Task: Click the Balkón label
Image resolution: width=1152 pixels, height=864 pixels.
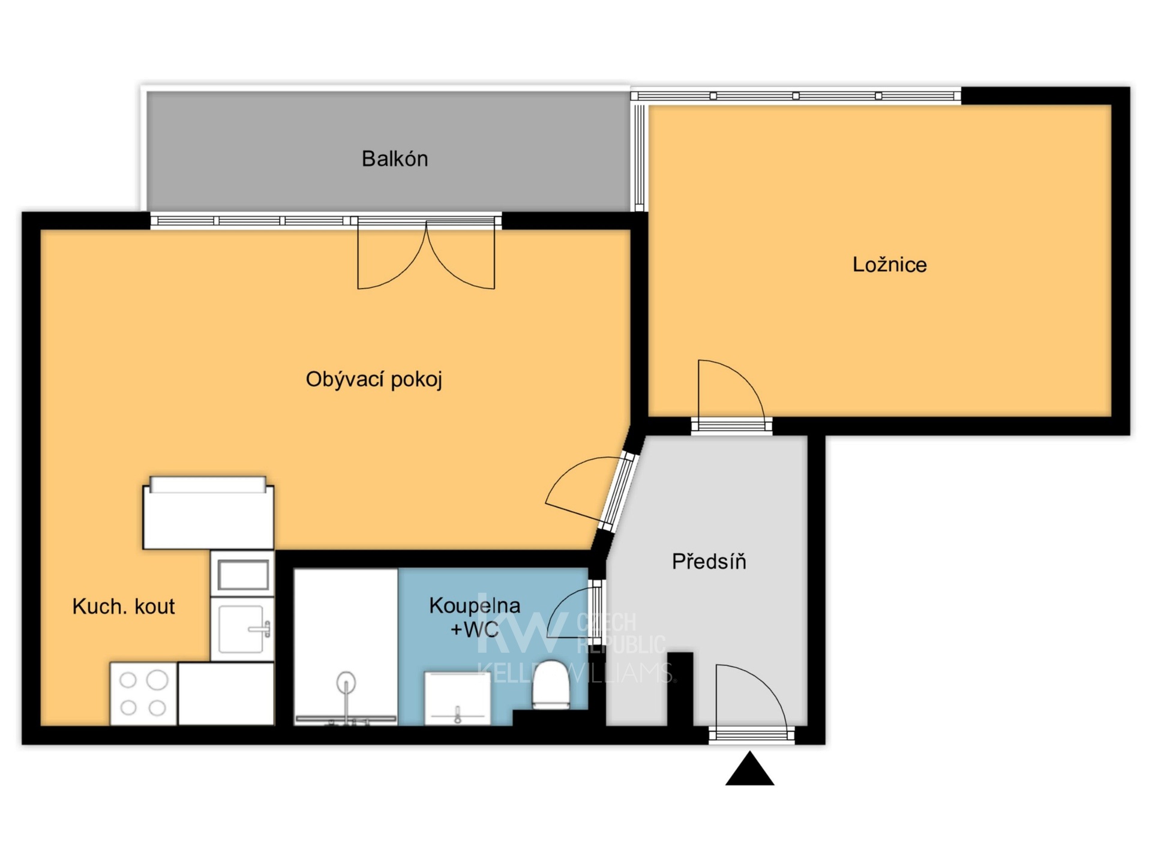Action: [x=395, y=159]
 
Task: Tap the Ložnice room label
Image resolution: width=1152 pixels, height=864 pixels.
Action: [x=889, y=265]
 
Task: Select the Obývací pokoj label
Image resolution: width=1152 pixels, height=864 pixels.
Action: [x=374, y=380]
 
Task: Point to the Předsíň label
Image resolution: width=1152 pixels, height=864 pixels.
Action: [x=709, y=561]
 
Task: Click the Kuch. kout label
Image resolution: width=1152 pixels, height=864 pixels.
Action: [x=124, y=607]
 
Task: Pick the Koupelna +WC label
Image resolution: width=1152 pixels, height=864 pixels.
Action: [x=475, y=617]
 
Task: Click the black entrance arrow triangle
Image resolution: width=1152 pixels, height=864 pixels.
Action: [x=749, y=769]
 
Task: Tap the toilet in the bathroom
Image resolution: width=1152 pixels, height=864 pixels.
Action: [x=551, y=684]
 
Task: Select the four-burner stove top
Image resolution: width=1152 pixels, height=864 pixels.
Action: [x=143, y=693]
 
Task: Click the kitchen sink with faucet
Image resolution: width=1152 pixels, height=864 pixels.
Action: [x=242, y=629]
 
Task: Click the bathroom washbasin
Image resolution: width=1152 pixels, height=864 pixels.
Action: [x=457, y=698]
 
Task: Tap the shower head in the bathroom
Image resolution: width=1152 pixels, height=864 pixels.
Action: [x=346, y=683]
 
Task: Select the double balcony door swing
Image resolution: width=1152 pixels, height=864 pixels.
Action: [x=426, y=255]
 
